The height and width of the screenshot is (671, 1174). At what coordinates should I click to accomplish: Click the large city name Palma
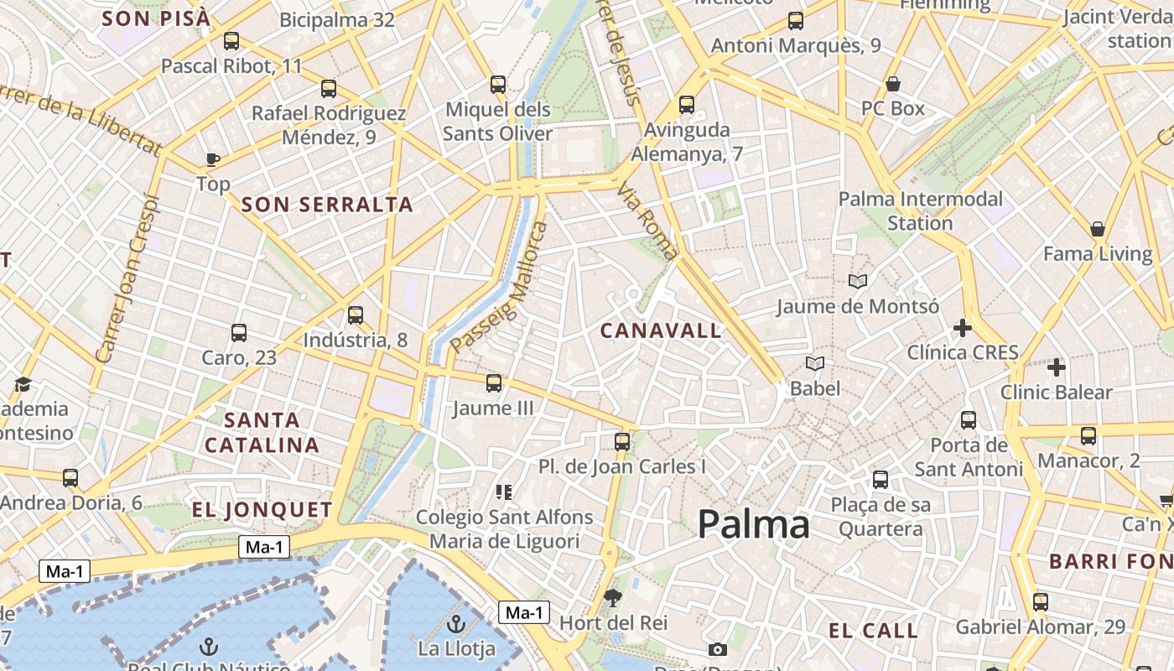[x=753, y=525]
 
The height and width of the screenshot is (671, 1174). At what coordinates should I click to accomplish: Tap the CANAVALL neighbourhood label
[x=661, y=330]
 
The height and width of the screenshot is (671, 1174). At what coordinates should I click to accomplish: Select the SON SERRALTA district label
[x=327, y=204]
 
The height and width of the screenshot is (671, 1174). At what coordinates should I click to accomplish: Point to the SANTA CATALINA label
[x=262, y=432]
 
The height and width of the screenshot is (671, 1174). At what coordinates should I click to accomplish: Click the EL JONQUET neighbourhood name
[x=262, y=510]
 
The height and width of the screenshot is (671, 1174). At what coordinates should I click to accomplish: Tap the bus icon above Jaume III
[x=494, y=383]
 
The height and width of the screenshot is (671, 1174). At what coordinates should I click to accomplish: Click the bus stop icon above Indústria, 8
[x=356, y=315]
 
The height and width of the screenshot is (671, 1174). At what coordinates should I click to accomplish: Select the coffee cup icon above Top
[x=213, y=159]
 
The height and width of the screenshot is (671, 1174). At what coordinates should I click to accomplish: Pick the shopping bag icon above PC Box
[x=893, y=84]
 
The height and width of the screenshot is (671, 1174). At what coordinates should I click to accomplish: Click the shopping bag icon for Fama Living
[x=1098, y=229]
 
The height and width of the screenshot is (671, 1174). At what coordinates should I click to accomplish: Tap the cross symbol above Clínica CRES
[x=963, y=327]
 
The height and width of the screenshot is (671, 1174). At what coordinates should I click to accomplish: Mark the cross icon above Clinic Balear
[x=1057, y=367]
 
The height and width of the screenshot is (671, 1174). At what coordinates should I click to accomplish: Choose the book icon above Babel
[x=815, y=363]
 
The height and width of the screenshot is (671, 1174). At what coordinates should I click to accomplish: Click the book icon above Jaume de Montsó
[x=857, y=281]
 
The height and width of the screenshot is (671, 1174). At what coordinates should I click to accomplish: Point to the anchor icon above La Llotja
[x=456, y=624]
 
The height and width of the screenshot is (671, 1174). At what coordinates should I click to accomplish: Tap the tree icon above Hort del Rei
[x=613, y=597]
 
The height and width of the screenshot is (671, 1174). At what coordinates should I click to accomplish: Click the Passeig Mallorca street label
[x=498, y=287]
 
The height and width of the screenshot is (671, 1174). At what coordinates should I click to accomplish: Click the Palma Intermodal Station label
[x=921, y=211]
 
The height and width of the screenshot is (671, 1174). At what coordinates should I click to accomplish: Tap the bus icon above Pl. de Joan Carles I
[x=622, y=441]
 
